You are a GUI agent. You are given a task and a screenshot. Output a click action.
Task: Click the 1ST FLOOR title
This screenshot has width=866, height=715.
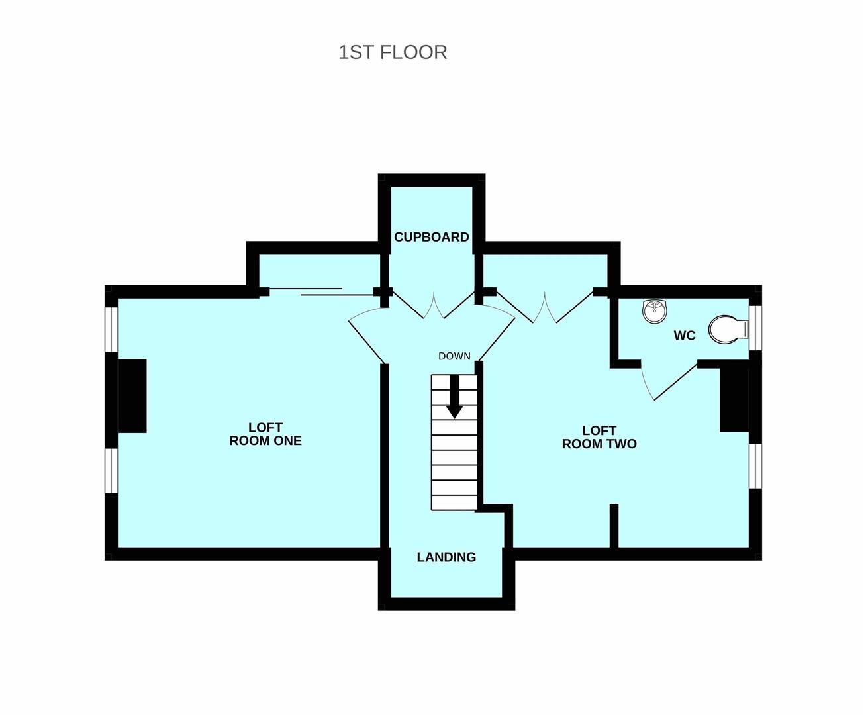[x=393, y=53]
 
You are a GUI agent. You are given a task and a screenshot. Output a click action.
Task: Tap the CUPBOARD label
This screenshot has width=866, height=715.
[x=431, y=237]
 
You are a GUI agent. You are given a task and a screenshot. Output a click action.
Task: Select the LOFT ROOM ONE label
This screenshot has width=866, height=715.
[x=265, y=434]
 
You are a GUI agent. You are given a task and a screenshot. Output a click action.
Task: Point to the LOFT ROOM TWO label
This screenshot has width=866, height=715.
[x=599, y=437]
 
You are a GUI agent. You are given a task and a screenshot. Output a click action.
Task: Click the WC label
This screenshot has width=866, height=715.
[x=685, y=336]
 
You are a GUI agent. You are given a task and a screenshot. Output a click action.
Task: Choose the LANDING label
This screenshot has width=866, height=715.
[x=446, y=557]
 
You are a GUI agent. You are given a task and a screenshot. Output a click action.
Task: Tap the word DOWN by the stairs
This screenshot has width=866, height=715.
[x=455, y=356]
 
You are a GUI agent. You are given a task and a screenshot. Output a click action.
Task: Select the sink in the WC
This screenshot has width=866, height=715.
[x=655, y=310]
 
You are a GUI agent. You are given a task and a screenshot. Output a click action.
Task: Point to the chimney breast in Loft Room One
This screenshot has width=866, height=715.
[x=132, y=396]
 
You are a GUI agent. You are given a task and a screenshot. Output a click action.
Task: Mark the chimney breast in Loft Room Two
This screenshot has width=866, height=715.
[x=734, y=401]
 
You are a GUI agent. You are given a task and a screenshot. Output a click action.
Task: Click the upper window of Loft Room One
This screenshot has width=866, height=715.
[x=112, y=329]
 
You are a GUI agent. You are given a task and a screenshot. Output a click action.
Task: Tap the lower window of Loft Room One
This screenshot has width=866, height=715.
[x=112, y=471]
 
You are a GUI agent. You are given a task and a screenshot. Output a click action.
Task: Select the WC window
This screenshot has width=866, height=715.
[x=755, y=328]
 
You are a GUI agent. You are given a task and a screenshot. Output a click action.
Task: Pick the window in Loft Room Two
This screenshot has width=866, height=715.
[x=755, y=466]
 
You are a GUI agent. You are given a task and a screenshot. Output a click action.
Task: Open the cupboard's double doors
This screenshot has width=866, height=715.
[x=434, y=305]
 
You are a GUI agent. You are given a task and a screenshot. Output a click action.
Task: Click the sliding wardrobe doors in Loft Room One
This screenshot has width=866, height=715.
[x=321, y=291]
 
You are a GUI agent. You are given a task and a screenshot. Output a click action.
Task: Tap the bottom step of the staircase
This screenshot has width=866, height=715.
[x=454, y=502]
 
